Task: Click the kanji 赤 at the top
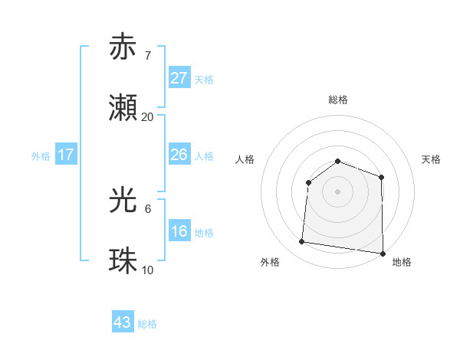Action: point(123,47)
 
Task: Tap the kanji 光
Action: point(123,200)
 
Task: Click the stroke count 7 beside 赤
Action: point(147,56)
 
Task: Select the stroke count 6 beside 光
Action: point(147,208)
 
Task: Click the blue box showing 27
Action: point(179,78)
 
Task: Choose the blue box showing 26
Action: point(179,155)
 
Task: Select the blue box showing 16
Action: point(179,231)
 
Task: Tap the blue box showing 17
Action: point(66,155)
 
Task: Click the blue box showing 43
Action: point(123,322)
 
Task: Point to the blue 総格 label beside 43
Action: point(148,324)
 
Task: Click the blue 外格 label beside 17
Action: point(41,156)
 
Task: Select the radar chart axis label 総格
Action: point(338,100)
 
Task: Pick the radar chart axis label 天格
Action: point(432,159)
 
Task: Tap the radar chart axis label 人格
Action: point(245,159)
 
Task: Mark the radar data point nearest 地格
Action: point(383,253)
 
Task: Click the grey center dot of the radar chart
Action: point(337,191)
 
